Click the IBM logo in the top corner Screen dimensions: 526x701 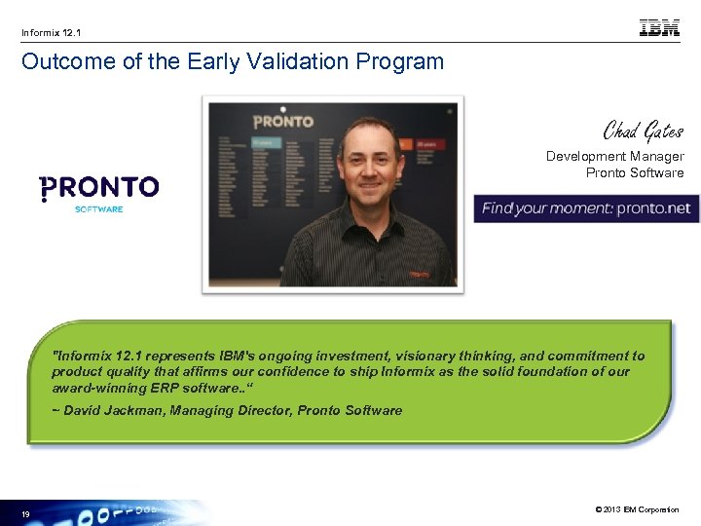tap(659, 29)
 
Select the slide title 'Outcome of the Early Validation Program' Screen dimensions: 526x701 tap(232, 62)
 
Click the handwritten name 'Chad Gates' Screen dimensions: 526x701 tap(643, 130)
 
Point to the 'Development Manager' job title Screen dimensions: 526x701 tap(614, 156)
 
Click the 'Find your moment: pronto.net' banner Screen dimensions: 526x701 tap(586, 208)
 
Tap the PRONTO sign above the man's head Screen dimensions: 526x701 tap(283, 122)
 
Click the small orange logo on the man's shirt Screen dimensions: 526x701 tap(419, 275)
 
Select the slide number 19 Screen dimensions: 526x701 tap(26, 513)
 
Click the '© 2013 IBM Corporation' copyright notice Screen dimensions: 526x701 tap(636, 509)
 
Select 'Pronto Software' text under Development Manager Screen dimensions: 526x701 tap(634, 173)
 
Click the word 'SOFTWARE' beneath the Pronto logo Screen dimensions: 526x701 tap(98, 209)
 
